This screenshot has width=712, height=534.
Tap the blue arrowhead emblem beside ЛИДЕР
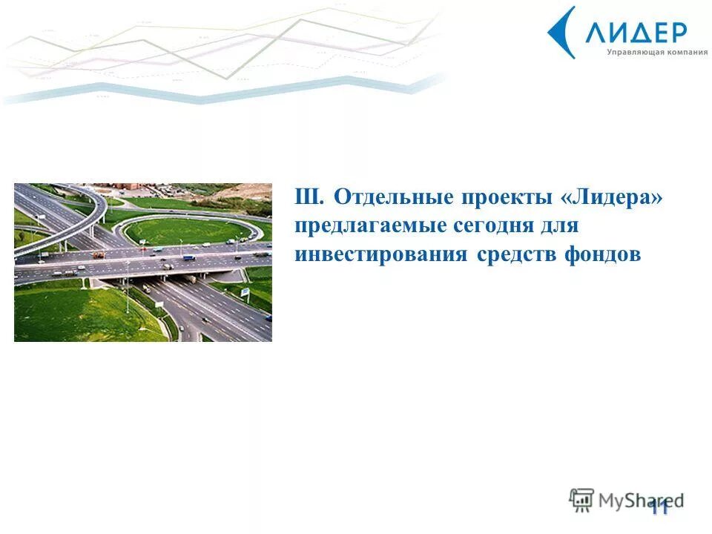[563, 33]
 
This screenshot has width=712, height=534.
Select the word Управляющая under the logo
[631, 52]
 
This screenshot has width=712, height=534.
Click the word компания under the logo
[682, 52]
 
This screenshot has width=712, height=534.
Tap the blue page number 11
[659, 507]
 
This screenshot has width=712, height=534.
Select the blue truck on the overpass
[189, 258]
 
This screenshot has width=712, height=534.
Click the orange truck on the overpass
[98, 254]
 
